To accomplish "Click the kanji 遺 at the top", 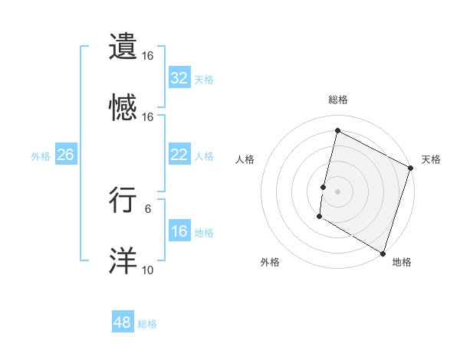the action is tap(124, 47).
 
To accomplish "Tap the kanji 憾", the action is tap(124, 108).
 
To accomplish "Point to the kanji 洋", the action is tap(124, 261).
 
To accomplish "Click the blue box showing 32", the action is tap(179, 77).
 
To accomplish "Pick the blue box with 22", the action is tap(179, 155).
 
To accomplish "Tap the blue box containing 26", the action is tap(65, 155).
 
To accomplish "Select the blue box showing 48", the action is tap(123, 322).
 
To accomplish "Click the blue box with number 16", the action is tap(179, 231).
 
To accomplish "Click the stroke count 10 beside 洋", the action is tap(148, 270).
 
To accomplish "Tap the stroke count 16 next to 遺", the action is tap(148, 56).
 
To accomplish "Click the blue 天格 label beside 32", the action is tap(204, 79).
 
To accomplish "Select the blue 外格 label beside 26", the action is tap(41, 156).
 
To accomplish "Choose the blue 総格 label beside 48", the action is tap(147, 324).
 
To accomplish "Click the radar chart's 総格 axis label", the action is tap(338, 100).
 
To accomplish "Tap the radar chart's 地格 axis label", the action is tap(402, 262).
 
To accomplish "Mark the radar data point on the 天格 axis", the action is tap(411, 169).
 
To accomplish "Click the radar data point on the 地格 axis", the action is tap(383, 253).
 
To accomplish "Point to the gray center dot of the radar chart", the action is tap(338, 191).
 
